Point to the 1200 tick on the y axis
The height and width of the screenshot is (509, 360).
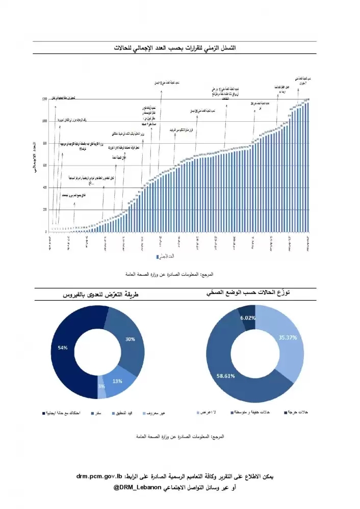(45, 99)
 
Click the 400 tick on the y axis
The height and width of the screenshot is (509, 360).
(45, 187)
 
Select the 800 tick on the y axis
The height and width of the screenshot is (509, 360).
(45, 143)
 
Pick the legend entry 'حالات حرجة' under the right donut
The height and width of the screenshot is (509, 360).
(297, 412)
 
